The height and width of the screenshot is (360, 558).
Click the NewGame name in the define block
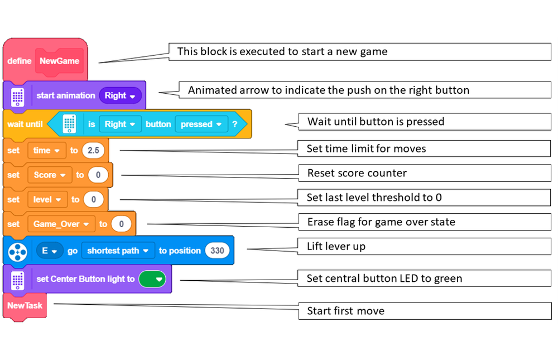pyautogui.click(x=59, y=61)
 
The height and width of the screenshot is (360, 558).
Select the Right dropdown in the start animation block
pyautogui.click(x=120, y=95)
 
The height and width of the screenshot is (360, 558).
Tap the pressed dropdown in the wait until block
pyautogui.click(x=201, y=124)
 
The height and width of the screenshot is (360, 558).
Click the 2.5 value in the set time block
pyautogui.click(x=93, y=150)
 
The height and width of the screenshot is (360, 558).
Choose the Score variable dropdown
pyautogui.click(x=50, y=175)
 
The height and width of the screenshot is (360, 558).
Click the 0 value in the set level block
pyautogui.click(x=93, y=199)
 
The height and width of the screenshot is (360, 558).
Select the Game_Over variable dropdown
pyautogui.click(x=61, y=224)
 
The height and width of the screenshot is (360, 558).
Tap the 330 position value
pyautogui.click(x=217, y=251)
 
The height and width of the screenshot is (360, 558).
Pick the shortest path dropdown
pyautogui.click(x=118, y=251)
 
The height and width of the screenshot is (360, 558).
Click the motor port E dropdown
pyautogui.click(x=50, y=251)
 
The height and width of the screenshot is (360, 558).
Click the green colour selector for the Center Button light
pyautogui.click(x=152, y=279)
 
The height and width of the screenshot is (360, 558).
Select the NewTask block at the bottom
pyautogui.click(x=25, y=305)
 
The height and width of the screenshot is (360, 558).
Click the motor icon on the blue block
pyautogui.click(x=18, y=251)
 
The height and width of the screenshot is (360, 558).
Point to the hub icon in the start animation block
pyautogui.click(x=18, y=96)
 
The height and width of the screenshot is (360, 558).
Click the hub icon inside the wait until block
pyautogui.click(x=69, y=124)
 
